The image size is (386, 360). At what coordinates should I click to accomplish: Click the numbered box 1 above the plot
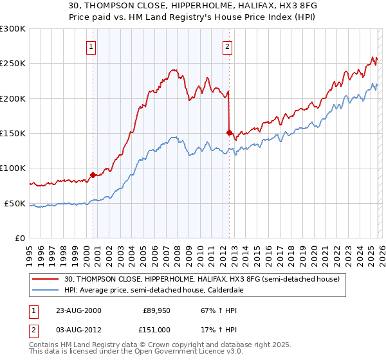(91, 46)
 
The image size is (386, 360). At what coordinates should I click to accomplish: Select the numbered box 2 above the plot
(228, 46)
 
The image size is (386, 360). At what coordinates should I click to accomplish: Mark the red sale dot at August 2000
(93, 174)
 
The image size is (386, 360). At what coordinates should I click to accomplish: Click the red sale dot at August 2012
(229, 132)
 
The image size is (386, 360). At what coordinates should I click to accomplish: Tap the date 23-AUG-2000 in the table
(78, 310)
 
